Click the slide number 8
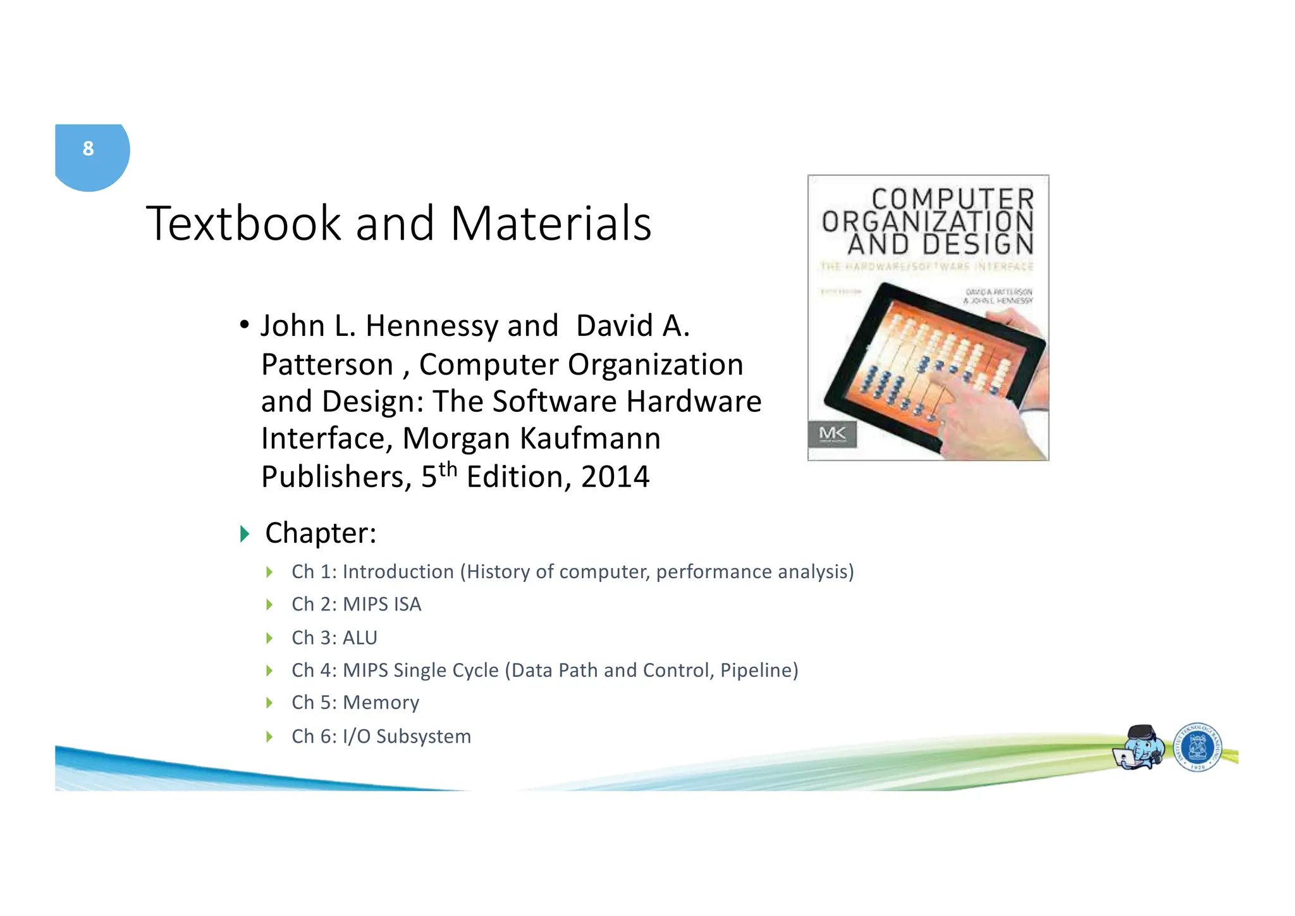[x=88, y=149]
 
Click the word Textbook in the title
[x=243, y=223]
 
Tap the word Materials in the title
[x=550, y=223]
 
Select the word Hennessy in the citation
[x=431, y=326]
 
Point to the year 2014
[x=615, y=477]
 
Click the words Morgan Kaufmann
[x=531, y=438]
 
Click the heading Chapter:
[x=321, y=533]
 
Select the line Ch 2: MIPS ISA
[x=356, y=605]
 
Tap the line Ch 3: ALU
[x=334, y=638]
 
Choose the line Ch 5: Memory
[x=355, y=703]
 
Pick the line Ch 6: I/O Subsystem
[x=381, y=736]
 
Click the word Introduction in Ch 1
[x=398, y=572]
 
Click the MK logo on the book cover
[x=832, y=434]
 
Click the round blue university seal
[x=1197, y=747]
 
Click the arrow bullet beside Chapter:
[x=245, y=534]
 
